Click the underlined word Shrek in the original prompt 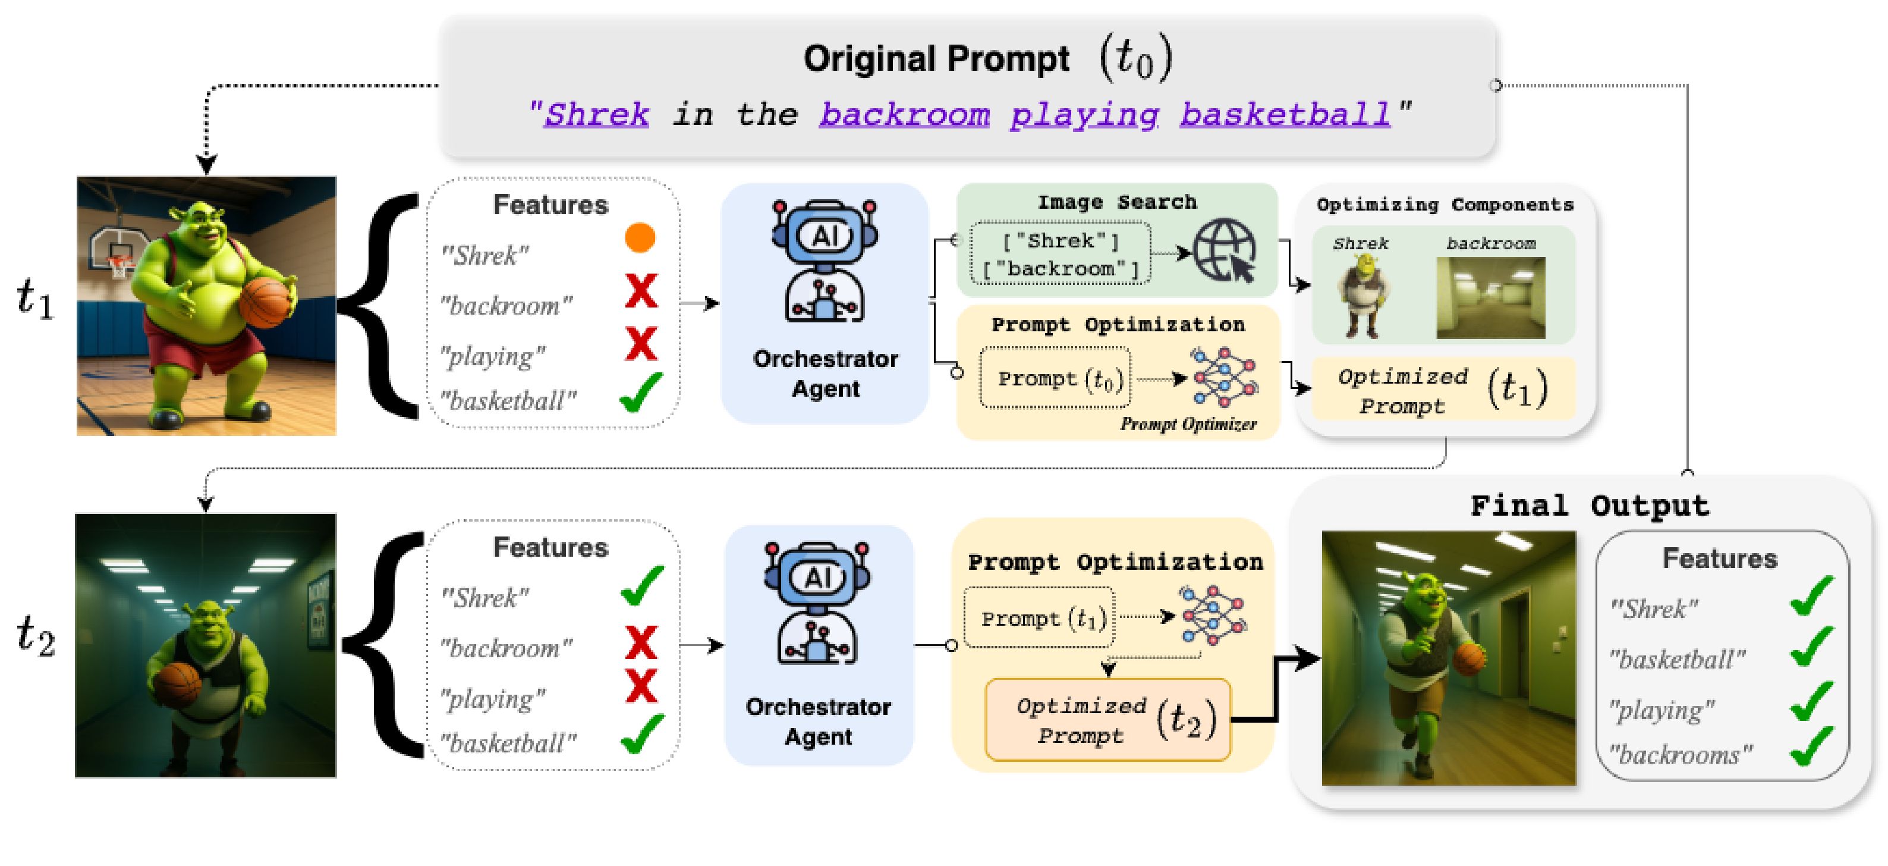tap(596, 114)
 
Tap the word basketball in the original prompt tap(1285, 114)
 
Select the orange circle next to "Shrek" tap(640, 237)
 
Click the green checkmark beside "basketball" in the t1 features tap(641, 393)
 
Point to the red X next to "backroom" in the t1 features tap(641, 290)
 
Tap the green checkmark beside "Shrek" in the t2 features tap(642, 586)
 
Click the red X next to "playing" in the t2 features tap(641, 686)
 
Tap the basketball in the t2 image tap(177, 685)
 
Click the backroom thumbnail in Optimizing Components tap(1491, 298)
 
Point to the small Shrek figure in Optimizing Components tap(1362, 299)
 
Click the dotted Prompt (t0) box tap(1055, 378)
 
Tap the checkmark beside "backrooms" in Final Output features tap(1812, 746)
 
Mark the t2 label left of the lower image tap(36, 635)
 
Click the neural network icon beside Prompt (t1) tap(1212, 615)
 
